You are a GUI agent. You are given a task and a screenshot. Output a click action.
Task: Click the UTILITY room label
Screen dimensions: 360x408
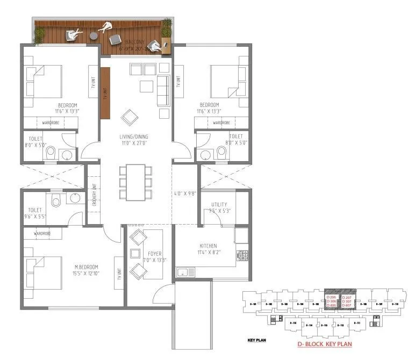[x=219, y=204]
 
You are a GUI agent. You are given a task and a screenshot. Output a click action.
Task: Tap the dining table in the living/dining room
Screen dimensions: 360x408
[x=135, y=182]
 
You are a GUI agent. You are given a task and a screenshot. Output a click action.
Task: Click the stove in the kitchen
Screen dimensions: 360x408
[x=242, y=255]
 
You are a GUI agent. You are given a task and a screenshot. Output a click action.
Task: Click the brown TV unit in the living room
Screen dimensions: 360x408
[x=105, y=92]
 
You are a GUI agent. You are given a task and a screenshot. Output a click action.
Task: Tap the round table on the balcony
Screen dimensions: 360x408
[x=94, y=36]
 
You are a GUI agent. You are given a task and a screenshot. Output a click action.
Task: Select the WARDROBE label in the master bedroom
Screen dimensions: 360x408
[x=42, y=234]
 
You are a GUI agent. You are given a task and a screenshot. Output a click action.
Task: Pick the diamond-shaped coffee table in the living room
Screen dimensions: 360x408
[x=130, y=117]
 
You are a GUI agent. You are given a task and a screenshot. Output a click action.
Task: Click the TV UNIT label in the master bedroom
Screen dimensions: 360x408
[x=119, y=273]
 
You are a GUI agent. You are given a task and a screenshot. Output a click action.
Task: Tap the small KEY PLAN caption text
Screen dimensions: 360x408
[x=254, y=341]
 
